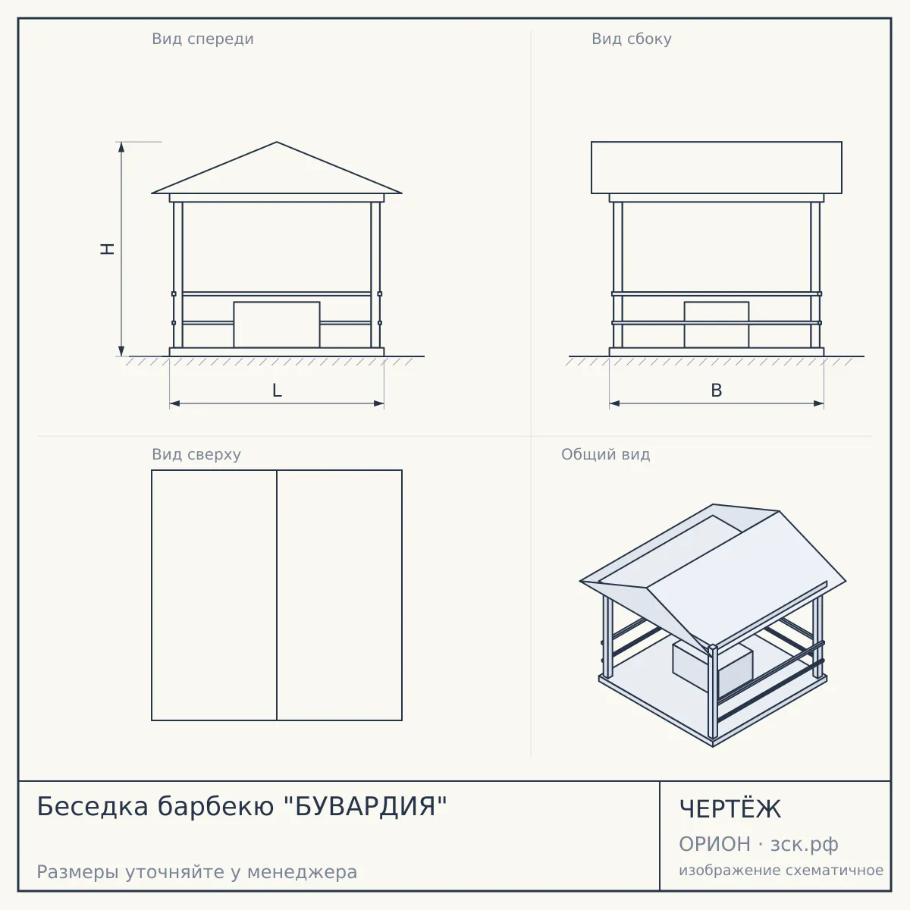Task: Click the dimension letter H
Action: pyautogui.click(x=108, y=249)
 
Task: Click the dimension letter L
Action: pyautogui.click(x=277, y=391)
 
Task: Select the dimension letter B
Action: pyautogui.click(x=717, y=391)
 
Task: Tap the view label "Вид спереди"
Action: pyautogui.click(x=202, y=39)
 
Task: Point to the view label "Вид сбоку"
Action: pyautogui.click(x=632, y=39)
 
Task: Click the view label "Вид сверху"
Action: pyautogui.click(x=196, y=454)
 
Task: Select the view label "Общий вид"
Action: pyautogui.click(x=605, y=454)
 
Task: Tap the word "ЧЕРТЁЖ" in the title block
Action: pyautogui.click(x=730, y=808)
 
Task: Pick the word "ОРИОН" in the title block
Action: pyautogui.click(x=714, y=844)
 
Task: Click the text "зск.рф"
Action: pyautogui.click(x=805, y=845)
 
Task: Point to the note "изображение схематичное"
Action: pyautogui.click(x=781, y=870)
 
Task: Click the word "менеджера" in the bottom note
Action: pyautogui.click(x=302, y=872)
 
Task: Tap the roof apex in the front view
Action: pyautogui.click(x=277, y=142)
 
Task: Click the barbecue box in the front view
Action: pyautogui.click(x=277, y=325)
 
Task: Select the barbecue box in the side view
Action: pyautogui.click(x=717, y=325)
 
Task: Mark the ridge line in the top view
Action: pyautogui.click(x=277, y=595)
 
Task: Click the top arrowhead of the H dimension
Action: pyautogui.click(x=121, y=146)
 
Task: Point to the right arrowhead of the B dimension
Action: pyautogui.click(x=819, y=403)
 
